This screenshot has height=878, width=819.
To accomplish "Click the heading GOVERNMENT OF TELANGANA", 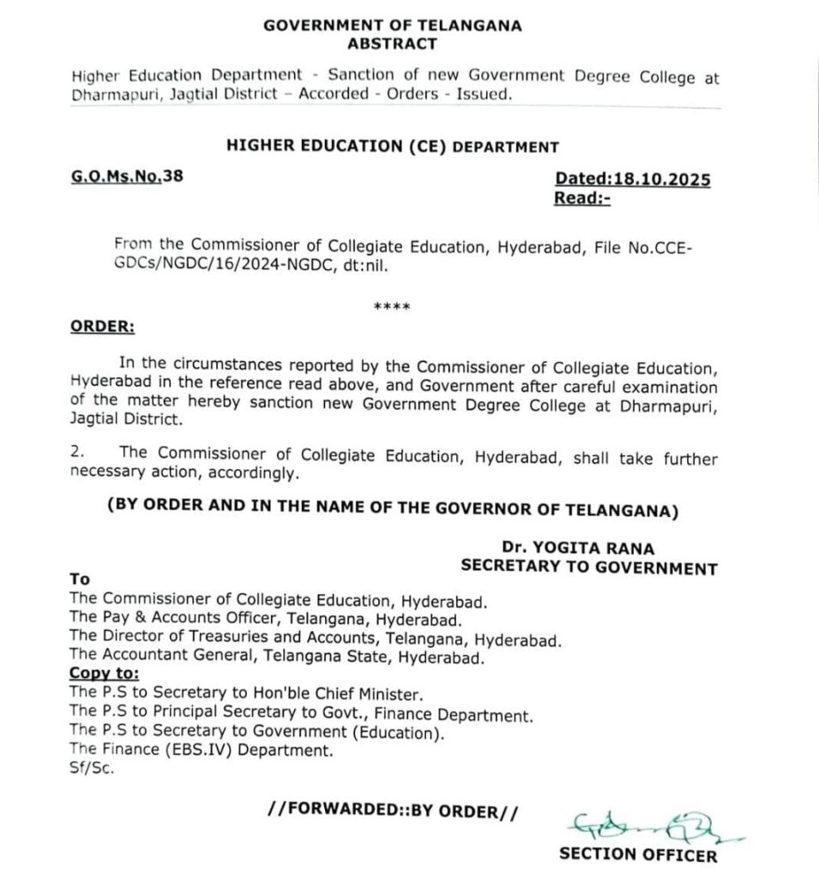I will click(x=392, y=26).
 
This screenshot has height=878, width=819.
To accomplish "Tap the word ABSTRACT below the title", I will click(x=392, y=44).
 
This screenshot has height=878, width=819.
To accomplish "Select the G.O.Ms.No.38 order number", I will click(x=127, y=177).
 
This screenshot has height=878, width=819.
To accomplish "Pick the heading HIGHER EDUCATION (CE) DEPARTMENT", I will click(x=392, y=147).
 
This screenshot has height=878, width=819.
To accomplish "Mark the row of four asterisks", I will click(x=392, y=307).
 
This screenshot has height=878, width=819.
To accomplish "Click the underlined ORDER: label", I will click(x=102, y=327).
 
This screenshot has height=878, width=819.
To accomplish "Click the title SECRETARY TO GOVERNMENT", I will click(x=588, y=567).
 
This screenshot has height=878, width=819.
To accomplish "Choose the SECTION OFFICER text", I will click(x=637, y=854).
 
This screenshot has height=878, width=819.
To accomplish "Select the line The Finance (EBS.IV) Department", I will click(x=201, y=749).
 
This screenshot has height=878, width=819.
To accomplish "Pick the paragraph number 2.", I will click(x=77, y=451).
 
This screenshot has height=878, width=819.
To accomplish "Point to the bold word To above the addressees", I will click(x=79, y=580).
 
